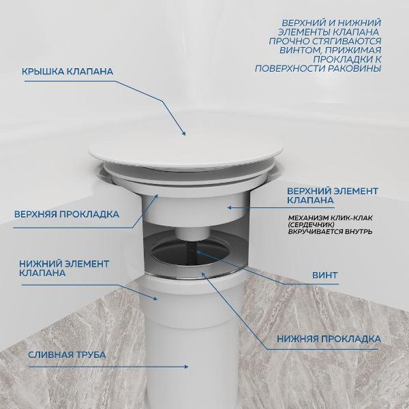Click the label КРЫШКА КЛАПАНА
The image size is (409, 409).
tap(67, 71)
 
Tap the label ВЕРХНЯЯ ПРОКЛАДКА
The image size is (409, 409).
tap(67, 215)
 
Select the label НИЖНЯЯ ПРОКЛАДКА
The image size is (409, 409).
tap(329, 339)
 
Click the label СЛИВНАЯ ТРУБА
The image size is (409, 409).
tap(67, 354)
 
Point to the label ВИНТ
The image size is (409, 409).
tap(325, 275)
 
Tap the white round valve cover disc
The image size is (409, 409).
tap(186, 153)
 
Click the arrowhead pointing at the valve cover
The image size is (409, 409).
tap(184, 134)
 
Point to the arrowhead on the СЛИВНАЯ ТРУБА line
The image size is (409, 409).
tap(186, 367)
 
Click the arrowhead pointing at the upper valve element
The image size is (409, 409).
tap(230, 208)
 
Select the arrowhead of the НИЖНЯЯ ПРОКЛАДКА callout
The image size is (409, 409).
tap(204, 275)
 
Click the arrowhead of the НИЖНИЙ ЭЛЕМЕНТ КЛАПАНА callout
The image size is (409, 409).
tap(155, 299)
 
